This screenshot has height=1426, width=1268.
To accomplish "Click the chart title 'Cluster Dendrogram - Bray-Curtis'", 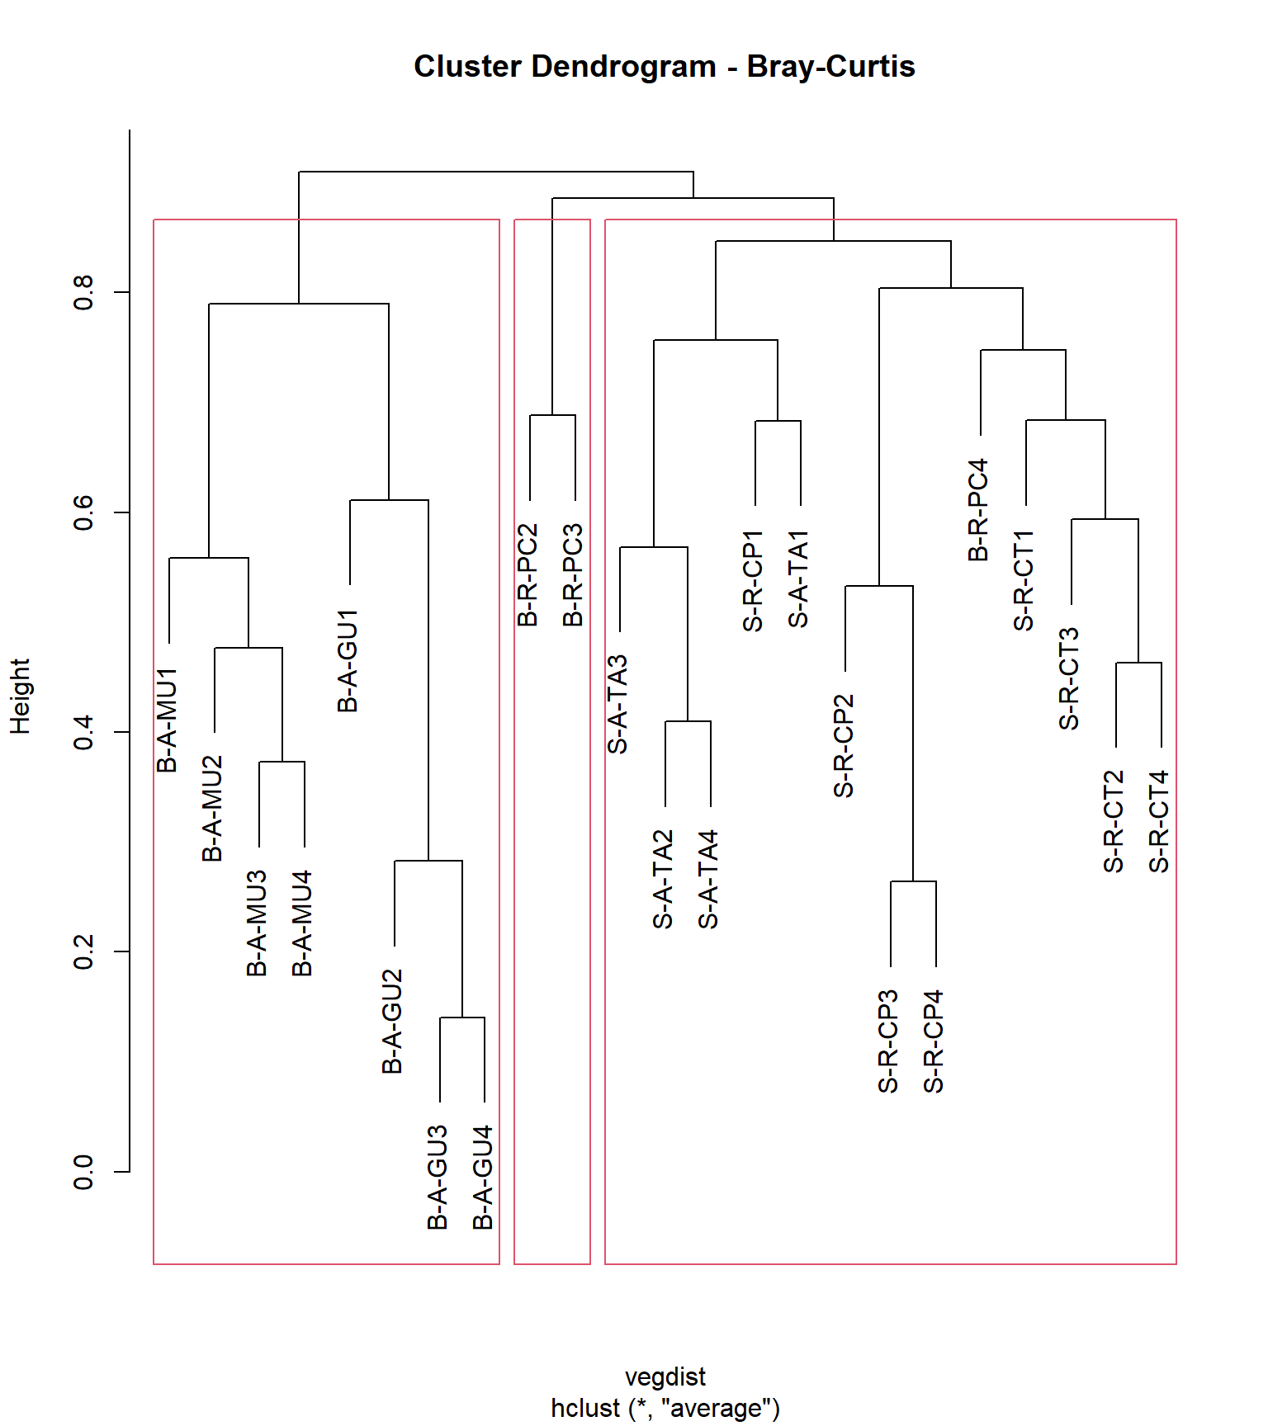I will coord(664,67).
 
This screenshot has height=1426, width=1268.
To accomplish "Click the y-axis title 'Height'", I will coord(20,696).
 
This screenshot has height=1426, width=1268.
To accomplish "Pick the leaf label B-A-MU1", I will coord(168,720).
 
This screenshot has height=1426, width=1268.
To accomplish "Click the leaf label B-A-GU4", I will coord(483,1177).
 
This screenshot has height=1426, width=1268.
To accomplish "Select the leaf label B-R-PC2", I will coord(528,574).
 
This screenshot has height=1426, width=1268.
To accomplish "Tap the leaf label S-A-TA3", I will coord(618,704).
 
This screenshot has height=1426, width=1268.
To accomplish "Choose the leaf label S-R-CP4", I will coord(934,1041).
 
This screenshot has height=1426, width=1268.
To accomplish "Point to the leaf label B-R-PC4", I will coord(978,510).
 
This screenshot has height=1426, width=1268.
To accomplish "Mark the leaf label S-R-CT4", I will coord(1160,821).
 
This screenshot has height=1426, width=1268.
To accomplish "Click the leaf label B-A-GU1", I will coord(348,661).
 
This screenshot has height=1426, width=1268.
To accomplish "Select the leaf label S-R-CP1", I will coord(754,581).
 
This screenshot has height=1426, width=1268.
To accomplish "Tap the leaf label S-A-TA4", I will coord(709,880).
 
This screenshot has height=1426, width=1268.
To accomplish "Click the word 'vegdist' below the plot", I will coord(665,1376).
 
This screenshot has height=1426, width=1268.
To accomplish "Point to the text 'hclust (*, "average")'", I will coord(665,1408).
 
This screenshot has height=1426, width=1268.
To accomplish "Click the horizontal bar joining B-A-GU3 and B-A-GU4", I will coord(462,1018).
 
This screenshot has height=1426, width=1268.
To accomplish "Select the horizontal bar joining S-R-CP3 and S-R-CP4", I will coord(913,881).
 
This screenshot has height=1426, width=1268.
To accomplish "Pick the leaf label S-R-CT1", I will coord(1024,581).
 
